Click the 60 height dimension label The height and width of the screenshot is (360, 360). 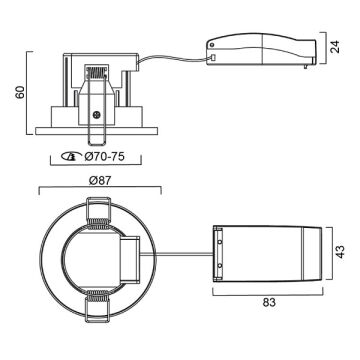point(20,92)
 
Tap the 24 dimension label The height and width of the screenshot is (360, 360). point(336,47)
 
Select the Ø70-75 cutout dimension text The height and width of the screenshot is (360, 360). point(104,156)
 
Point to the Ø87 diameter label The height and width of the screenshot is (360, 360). point(100,180)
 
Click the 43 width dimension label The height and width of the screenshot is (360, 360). point(341,252)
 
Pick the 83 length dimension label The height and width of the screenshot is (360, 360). point(269,302)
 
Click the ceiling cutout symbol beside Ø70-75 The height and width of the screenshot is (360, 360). point(72,156)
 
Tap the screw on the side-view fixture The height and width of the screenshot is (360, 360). point(97,115)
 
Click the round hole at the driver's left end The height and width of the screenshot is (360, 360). point(212,45)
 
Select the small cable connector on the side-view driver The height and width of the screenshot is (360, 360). point(212,58)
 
